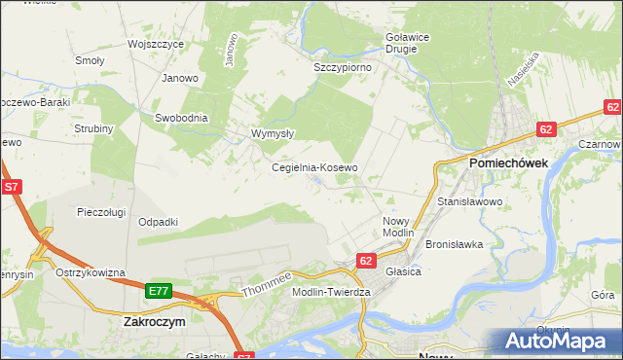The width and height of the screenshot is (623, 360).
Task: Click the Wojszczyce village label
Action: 156,45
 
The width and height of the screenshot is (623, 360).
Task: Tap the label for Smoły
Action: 90,60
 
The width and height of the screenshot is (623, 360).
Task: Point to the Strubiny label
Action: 94,128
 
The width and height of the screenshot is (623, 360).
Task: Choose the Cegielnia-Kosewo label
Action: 314,167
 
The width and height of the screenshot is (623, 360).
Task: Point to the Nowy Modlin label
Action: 398,228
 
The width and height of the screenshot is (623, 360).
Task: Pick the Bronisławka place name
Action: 455,244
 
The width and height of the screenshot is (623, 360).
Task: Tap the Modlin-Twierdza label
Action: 332,292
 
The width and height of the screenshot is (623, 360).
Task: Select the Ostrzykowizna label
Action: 91,272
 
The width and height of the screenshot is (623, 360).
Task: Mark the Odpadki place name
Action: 158,222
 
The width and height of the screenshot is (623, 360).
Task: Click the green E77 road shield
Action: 159,291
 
